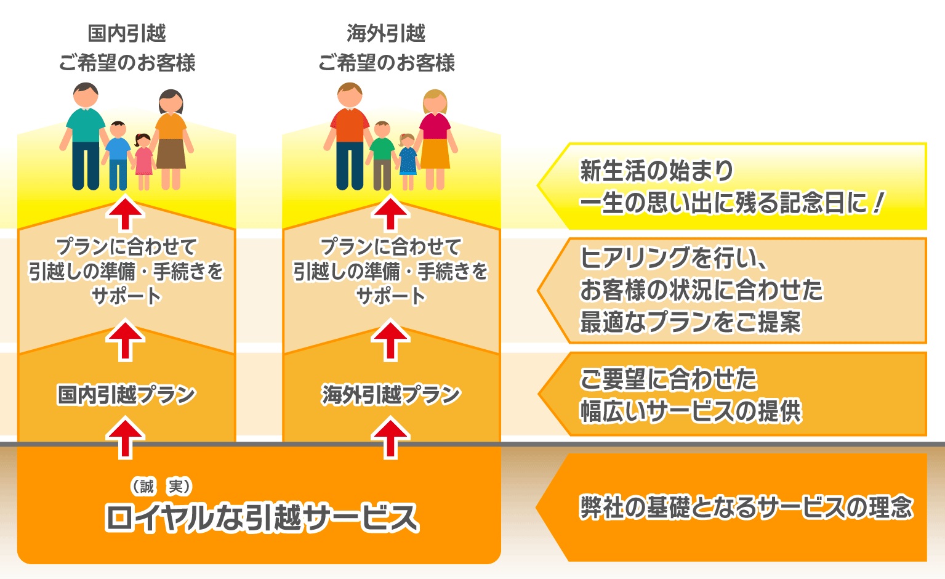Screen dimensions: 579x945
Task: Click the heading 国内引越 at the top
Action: (x=127, y=33)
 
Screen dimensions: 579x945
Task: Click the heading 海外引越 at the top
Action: (x=386, y=33)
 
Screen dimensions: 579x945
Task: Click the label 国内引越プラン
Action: (x=126, y=395)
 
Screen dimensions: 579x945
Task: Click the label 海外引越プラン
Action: (x=391, y=395)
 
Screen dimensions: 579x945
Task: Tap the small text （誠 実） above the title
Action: (x=161, y=487)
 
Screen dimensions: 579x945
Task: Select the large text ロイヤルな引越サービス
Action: (x=262, y=517)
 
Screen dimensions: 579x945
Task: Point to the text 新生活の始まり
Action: (x=656, y=171)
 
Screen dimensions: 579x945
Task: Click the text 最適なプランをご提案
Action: (x=690, y=322)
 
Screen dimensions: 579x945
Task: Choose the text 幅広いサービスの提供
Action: (x=690, y=411)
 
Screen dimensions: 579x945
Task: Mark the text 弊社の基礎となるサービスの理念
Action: (x=746, y=508)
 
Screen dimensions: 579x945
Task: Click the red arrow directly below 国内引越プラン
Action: (x=126, y=438)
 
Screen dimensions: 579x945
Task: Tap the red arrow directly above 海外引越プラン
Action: (x=391, y=340)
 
